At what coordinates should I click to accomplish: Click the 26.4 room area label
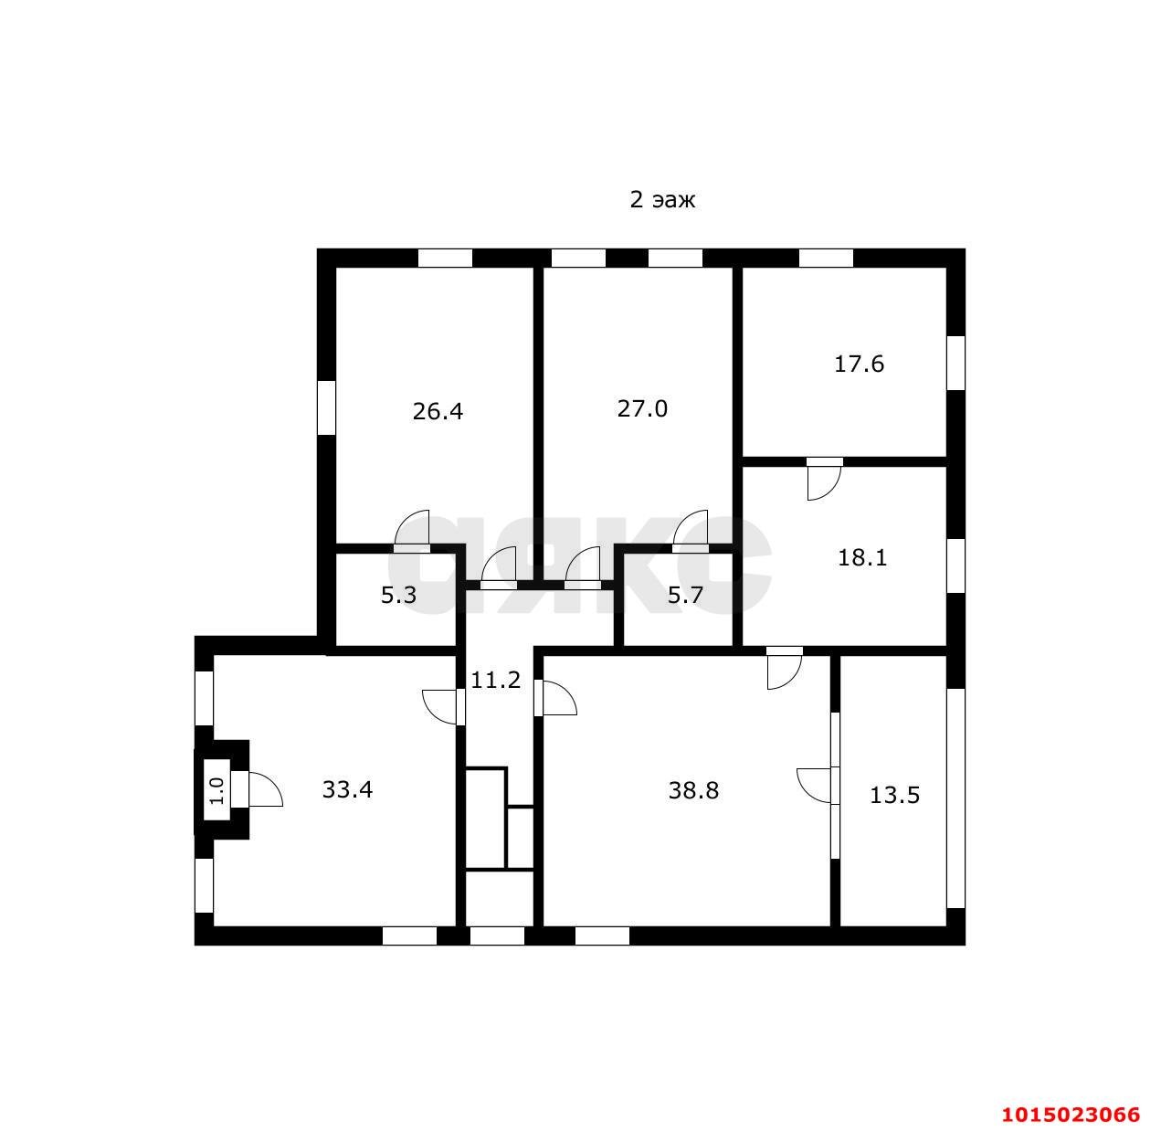pyautogui.click(x=438, y=411)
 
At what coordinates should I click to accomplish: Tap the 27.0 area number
pyautogui.click(x=642, y=408)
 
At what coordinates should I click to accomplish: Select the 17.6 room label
pyautogui.click(x=859, y=365)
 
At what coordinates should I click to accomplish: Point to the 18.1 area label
pyautogui.click(x=862, y=557)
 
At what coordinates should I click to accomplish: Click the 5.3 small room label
pyautogui.click(x=398, y=596)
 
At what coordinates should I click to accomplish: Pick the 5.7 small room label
pyautogui.click(x=685, y=596)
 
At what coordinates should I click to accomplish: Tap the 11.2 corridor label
pyautogui.click(x=495, y=680)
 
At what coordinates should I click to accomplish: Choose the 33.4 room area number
pyautogui.click(x=347, y=789)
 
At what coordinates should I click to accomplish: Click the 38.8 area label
pyautogui.click(x=693, y=790)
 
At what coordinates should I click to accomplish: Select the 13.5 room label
pyautogui.click(x=894, y=795)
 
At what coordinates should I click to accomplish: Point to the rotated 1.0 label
pyautogui.click(x=216, y=789)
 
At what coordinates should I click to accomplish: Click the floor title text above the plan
pyautogui.click(x=662, y=200)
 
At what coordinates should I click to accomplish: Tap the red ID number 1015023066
pyautogui.click(x=1071, y=1115)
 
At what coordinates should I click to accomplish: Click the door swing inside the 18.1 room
pyautogui.click(x=824, y=481)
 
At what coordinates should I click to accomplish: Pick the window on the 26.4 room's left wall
pyautogui.click(x=326, y=407)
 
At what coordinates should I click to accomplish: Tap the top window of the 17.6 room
pyautogui.click(x=826, y=258)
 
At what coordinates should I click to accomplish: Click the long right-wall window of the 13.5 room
pyautogui.click(x=955, y=798)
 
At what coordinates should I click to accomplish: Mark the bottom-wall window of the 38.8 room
pyautogui.click(x=602, y=935)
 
